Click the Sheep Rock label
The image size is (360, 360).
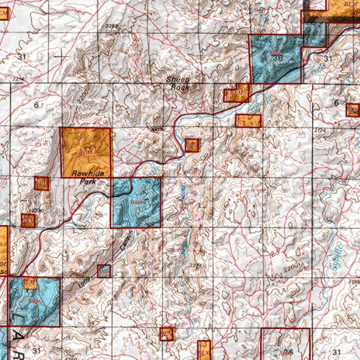[x=178, y=83]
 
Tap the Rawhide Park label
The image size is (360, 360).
[x=86, y=178]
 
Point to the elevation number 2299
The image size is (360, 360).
[x=112, y=26]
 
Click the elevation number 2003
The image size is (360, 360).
[x=156, y=130]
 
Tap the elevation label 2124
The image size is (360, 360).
[x=319, y=130]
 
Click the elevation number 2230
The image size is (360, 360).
[x=37, y=211]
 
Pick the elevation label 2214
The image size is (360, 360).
[x=18, y=79]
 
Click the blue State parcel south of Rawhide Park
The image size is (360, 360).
[x=136, y=202]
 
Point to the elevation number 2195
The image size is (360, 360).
[x=354, y=282]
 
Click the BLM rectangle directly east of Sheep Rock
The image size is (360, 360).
[x=236, y=93]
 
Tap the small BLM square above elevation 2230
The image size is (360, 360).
[x=41, y=183]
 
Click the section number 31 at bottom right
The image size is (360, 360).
[x=336, y=352]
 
